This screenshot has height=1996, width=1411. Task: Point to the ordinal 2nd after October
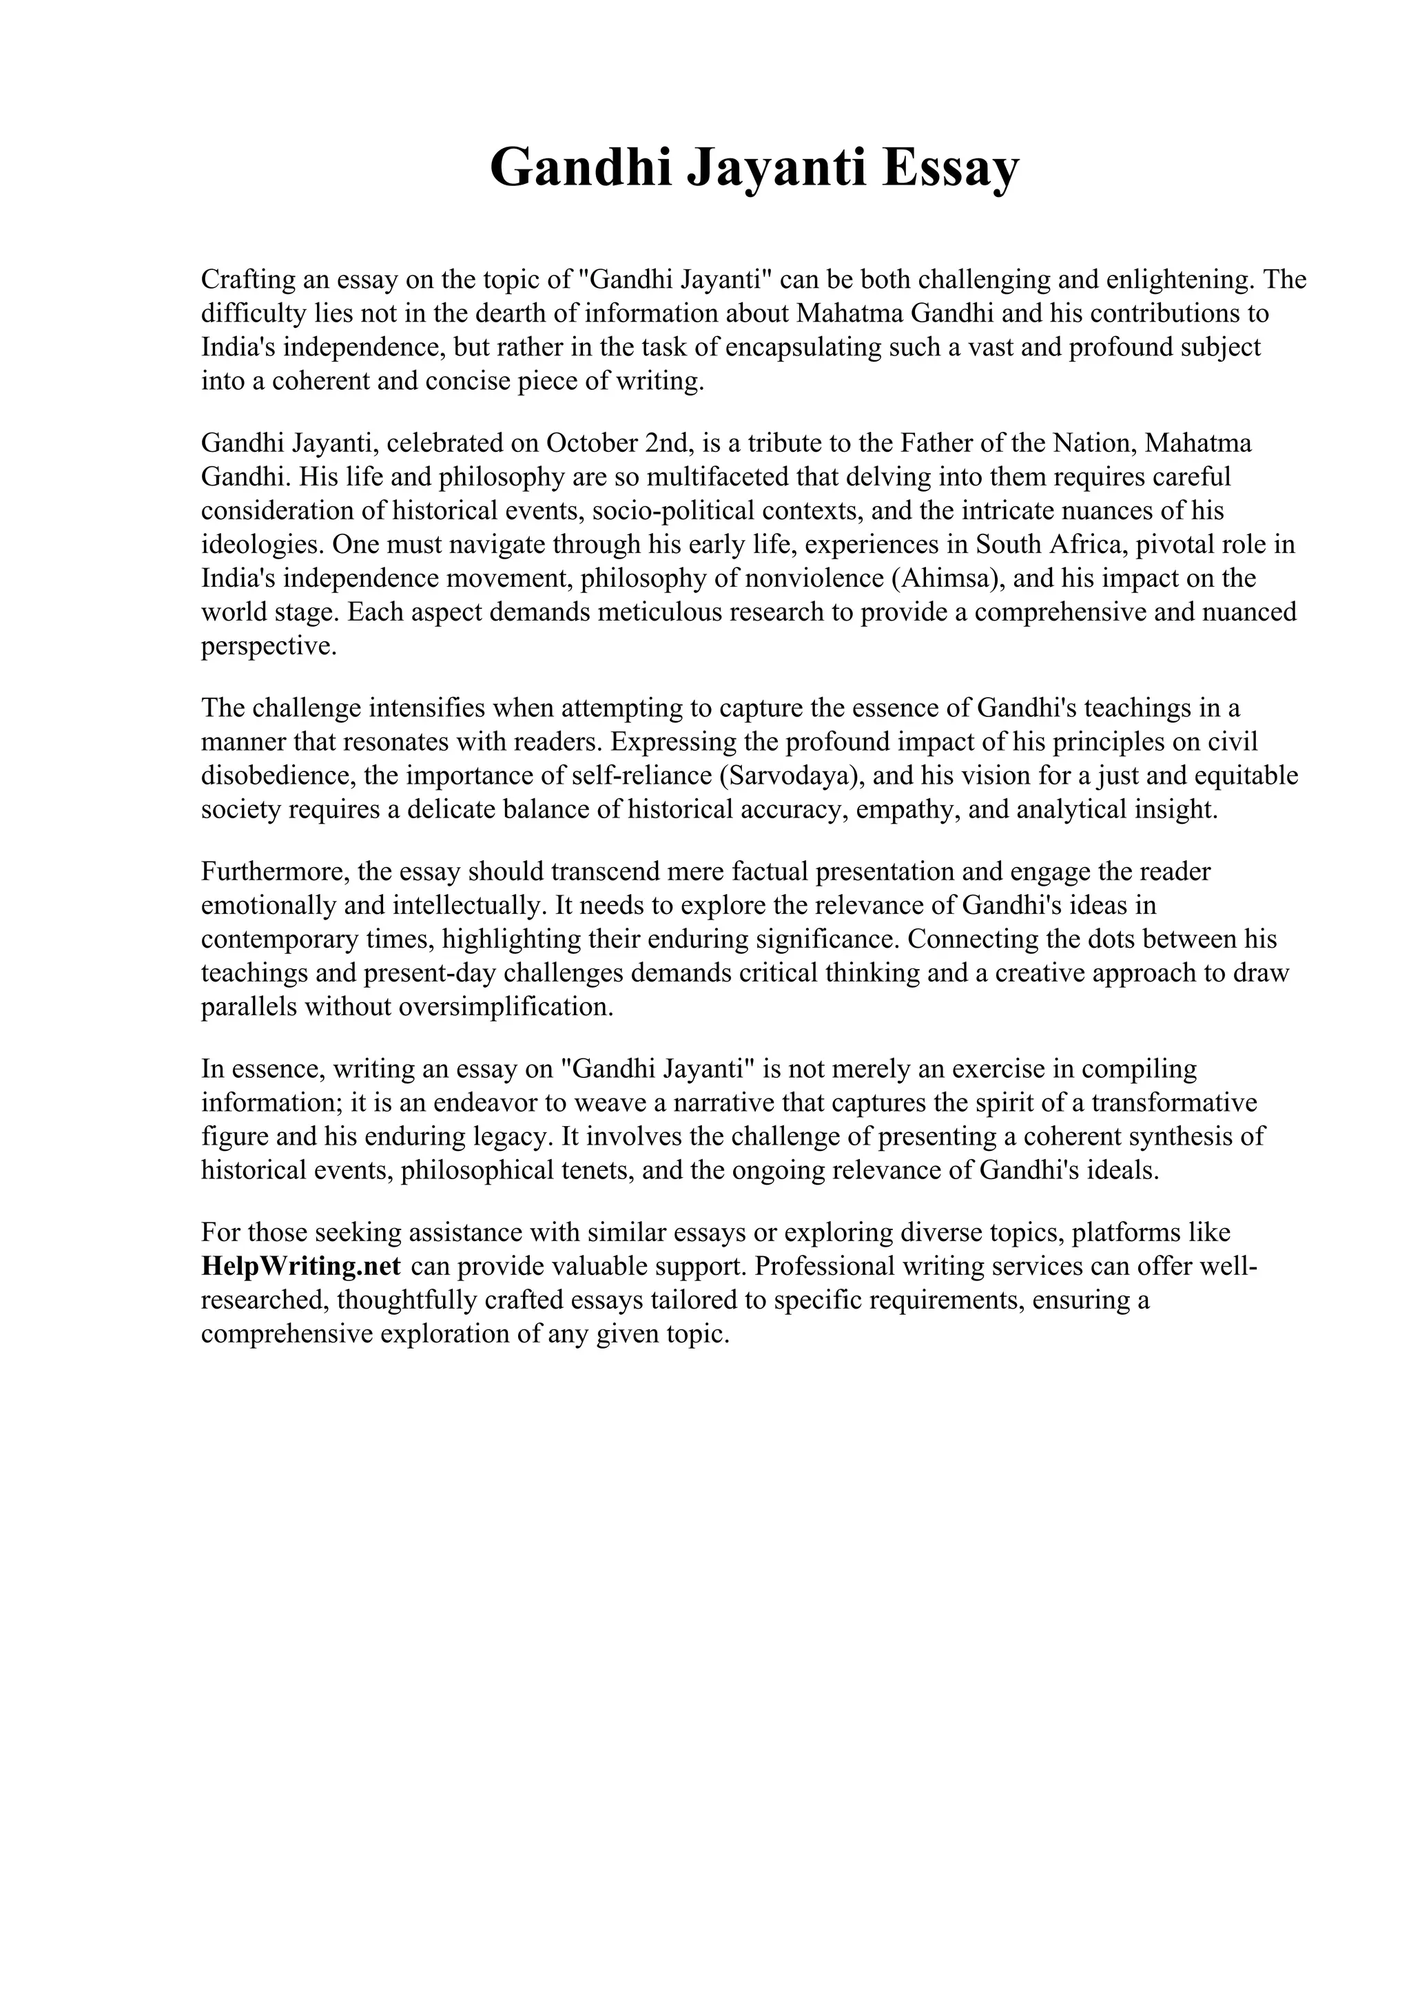point(667,444)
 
